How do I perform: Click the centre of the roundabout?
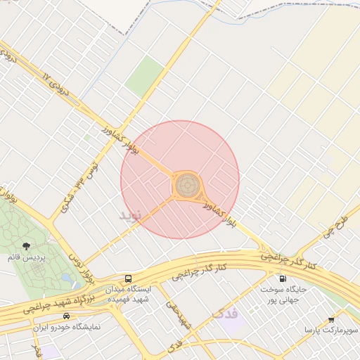186,186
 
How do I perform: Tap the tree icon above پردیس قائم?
26,246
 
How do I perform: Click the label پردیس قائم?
26,258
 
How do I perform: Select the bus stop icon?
128,278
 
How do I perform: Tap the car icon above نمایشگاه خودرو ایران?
66,316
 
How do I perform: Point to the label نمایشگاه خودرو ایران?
67,328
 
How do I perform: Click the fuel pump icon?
283,278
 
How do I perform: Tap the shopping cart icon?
331,319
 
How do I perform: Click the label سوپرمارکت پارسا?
331,329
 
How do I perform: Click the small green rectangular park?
145,75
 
